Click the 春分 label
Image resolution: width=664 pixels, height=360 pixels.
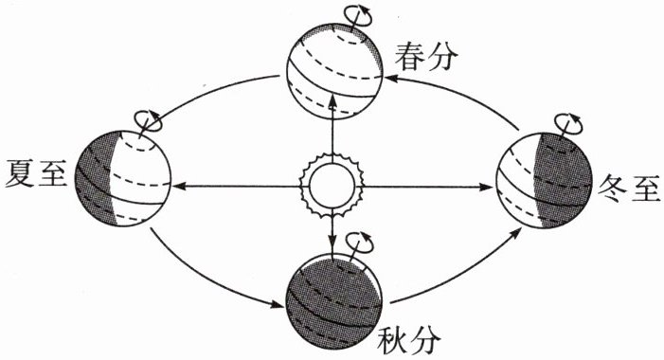[426, 56]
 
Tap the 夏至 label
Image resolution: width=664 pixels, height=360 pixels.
[36, 174]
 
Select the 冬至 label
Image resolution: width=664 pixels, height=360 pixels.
[628, 188]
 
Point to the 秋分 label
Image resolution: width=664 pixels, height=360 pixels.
[409, 340]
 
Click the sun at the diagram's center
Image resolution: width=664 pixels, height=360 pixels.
[332, 186]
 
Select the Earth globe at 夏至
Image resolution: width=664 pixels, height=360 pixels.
[123, 178]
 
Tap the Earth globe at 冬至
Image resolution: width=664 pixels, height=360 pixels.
[544, 181]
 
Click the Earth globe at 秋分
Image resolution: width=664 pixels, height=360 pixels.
[334, 300]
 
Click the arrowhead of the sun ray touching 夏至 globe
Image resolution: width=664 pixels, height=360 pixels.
[177, 186]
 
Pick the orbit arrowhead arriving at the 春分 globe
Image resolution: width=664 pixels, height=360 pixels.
[391, 78]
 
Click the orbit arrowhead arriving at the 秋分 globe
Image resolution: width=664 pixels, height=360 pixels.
[278, 304]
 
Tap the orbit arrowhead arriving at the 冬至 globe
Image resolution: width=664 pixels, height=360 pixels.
[516, 232]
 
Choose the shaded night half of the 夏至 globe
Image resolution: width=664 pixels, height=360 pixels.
[96, 178]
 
